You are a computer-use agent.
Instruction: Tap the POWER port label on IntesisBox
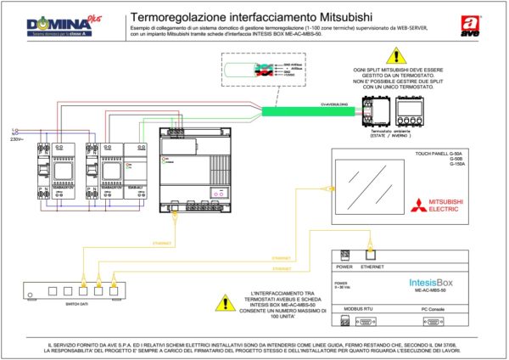point(344,266)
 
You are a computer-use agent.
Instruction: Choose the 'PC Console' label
point(433,309)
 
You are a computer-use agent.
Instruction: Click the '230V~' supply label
point(17,139)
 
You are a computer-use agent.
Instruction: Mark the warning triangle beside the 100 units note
point(226,301)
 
